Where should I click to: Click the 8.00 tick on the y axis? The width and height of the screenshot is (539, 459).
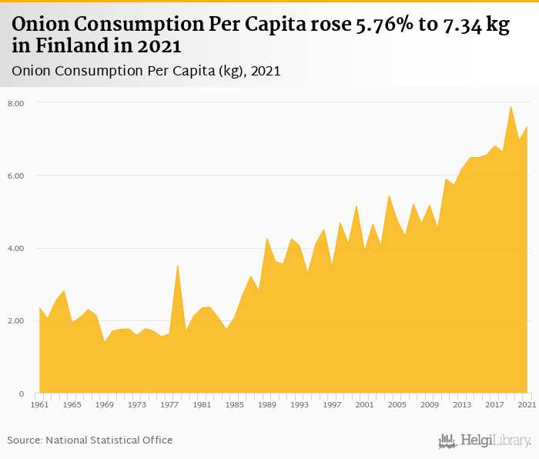pyautogui.click(x=16, y=102)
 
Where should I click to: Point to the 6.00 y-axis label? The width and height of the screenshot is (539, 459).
pyautogui.click(x=16, y=176)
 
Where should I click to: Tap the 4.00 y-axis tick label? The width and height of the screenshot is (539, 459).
pyautogui.click(x=16, y=248)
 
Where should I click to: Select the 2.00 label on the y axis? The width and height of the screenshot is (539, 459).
pyautogui.click(x=16, y=321)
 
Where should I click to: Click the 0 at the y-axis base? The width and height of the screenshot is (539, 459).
pyautogui.click(x=22, y=394)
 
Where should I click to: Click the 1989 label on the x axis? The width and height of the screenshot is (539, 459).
pyautogui.click(x=266, y=404)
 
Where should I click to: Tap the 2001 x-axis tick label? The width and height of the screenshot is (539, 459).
pyautogui.click(x=364, y=404)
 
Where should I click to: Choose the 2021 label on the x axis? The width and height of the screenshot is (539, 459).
pyautogui.click(x=526, y=404)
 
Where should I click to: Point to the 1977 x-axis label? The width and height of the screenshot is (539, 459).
pyautogui.click(x=169, y=404)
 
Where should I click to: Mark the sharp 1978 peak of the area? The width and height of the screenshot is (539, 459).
pyautogui.click(x=177, y=265)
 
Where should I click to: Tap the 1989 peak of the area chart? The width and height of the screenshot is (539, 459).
pyautogui.click(x=266, y=239)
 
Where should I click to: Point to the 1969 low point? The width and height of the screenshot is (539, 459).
pyautogui.click(x=104, y=342)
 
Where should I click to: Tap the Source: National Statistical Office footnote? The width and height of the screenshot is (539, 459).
pyautogui.click(x=90, y=440)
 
